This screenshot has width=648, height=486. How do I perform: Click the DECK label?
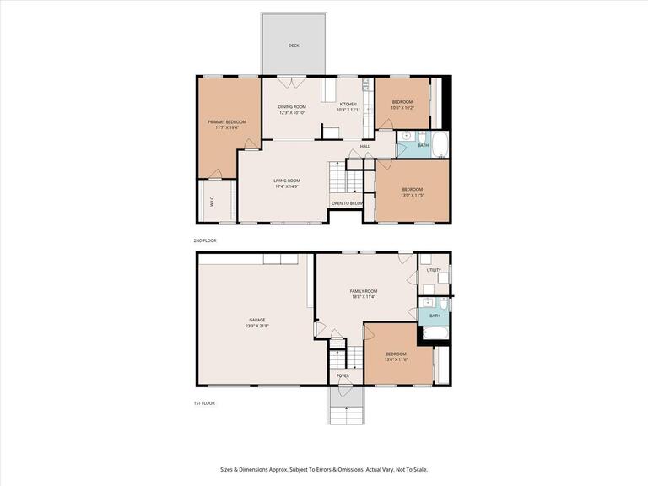pos(294,46)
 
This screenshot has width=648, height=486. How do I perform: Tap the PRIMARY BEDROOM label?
pos(227,122)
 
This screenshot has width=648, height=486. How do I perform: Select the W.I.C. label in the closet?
pos(210,202)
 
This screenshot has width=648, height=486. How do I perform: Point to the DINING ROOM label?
pos(292,106)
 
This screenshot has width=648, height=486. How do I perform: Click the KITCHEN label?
pos(348,105)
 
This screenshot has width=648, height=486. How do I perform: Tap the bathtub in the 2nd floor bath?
pos(440,142)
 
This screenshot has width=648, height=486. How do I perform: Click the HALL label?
pos(365,147)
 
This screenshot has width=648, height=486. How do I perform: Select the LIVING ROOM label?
pos(287,181)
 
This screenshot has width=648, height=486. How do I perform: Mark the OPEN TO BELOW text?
pos(347,203)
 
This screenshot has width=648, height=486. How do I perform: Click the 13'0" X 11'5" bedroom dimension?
pos(412,195)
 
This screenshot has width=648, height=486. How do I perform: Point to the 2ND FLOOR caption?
pos(204,240)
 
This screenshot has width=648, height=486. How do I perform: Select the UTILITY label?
pos(434,270)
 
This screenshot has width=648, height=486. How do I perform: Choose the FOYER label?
pos(343,375)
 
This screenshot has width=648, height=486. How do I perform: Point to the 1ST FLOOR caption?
pos(204,403)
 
